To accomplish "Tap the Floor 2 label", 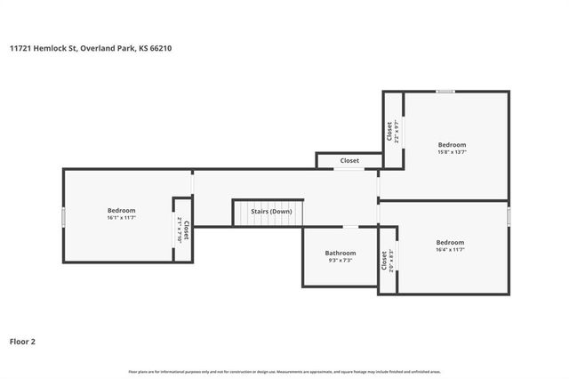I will tap(22, 341).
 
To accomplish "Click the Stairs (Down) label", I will tap(271, 212).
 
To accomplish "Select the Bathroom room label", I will tap(341, 253).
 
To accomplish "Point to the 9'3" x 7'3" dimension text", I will tap(341, 261).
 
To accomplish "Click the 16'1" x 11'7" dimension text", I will tap(121, 217).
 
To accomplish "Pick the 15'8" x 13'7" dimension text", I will tap(452, 152).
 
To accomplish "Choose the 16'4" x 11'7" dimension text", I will tap(450, 250).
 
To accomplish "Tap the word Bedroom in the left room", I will tap(121, 210).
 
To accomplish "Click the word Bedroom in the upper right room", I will tap(452, 144).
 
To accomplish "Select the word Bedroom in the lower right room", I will tap(450, 242).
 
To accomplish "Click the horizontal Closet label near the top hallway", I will tap(349, 161).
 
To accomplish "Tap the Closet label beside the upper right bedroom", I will tap(389, 131).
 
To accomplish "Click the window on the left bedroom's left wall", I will tap(63, 216).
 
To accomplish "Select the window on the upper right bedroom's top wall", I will tap(445, 91).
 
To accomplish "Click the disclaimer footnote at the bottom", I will tap(284, 371).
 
